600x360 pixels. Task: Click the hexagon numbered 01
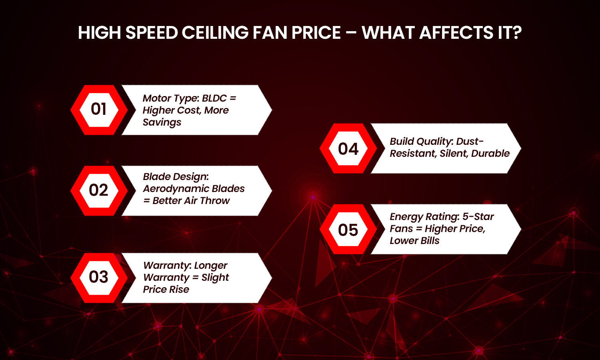click(x=99, y=110)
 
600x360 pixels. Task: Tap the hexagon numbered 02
click(x=99, y=191)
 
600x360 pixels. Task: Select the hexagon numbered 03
click(x=99, y=278)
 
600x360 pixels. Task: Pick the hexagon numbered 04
click(x=348, y=148)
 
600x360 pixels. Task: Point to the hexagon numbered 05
click(x=348, y=229)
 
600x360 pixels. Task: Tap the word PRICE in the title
click(x=316, y=33)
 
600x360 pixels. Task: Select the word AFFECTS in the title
click(x=456, y=33)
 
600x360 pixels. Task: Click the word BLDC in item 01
click(x=214, y=98)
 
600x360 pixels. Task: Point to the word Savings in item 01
click(x=162, y=122)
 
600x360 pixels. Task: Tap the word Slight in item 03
click(x=215, y=278)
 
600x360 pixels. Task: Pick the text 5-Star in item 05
click(x=478, y=217)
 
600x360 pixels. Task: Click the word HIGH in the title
click(x=99, y=33)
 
